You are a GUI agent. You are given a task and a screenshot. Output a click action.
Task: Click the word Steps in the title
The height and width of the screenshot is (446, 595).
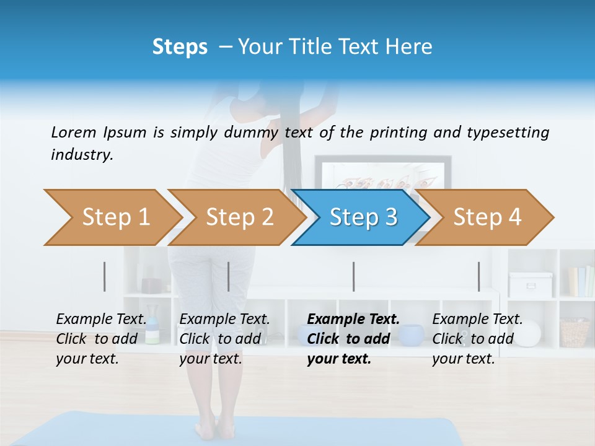[180, 47]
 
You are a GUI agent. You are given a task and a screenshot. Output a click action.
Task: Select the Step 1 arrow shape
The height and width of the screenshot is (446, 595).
[112, 217]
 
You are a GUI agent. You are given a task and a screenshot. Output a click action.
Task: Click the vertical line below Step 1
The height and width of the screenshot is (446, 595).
[105, 276]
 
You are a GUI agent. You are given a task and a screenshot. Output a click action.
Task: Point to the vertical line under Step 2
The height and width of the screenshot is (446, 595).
[229, 276]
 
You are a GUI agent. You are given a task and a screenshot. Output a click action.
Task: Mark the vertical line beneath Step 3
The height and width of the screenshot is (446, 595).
[353, 276]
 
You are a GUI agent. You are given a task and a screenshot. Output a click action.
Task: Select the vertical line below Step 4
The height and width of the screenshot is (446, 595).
[478, 276]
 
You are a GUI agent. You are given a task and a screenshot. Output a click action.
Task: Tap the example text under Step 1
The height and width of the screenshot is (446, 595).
[100, 339]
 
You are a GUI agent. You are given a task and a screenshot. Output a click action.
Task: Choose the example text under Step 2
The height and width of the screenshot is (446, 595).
[224, 339]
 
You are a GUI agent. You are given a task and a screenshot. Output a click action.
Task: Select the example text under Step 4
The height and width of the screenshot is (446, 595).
[477, 339]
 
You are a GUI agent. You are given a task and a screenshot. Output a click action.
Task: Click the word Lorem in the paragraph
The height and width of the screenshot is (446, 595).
[74, 133]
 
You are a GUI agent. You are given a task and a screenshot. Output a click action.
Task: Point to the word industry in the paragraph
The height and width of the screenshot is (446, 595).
[82, 155]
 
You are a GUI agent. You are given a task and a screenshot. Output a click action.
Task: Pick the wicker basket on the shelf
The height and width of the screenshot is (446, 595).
[575, 333]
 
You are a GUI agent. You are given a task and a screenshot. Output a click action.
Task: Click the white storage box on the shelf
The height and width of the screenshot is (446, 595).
[530, 284]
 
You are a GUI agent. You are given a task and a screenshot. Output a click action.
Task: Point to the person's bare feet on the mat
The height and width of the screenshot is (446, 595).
[206, 428]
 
